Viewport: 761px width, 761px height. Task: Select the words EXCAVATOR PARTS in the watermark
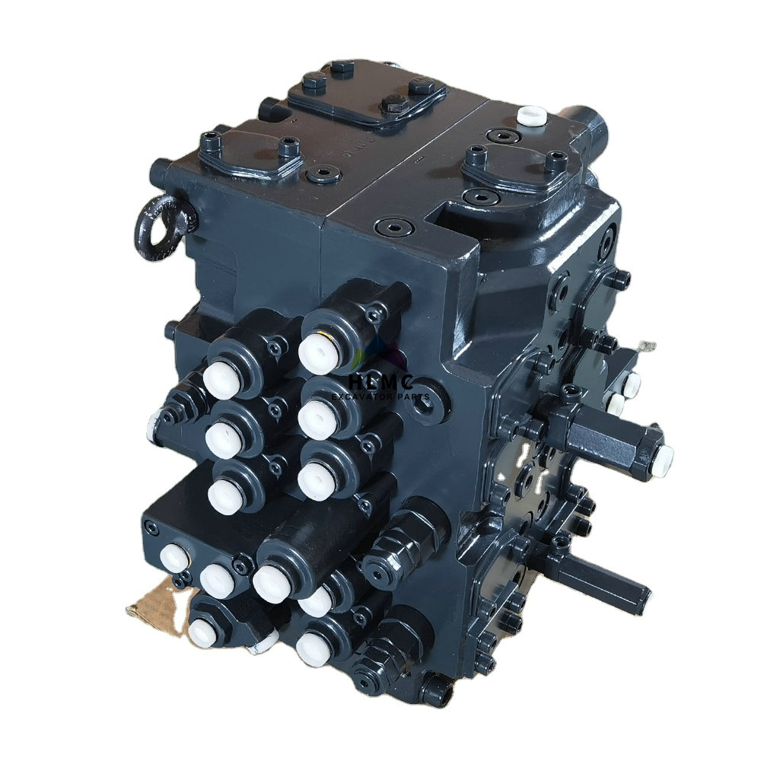click(380, 397)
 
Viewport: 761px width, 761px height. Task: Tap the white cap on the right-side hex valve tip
click(663, 454)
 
